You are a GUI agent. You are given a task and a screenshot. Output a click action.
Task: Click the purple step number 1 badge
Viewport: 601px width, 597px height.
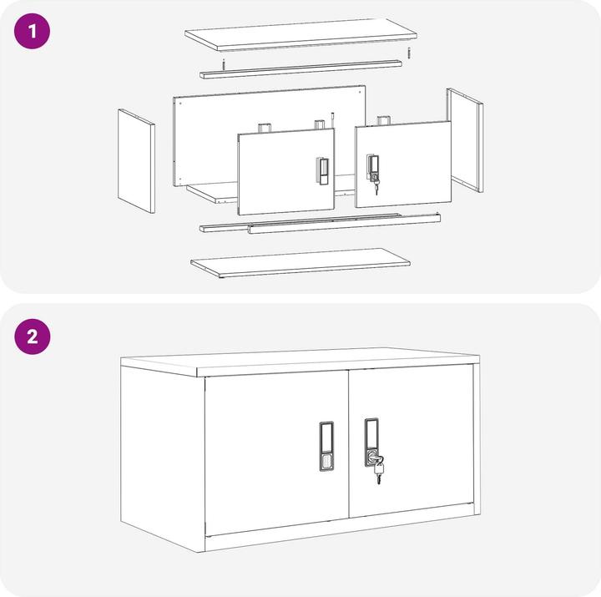click(32, 34)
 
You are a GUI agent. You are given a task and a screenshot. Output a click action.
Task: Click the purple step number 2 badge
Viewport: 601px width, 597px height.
click(32, 337)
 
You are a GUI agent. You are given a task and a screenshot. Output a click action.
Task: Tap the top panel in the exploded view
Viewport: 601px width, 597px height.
click(300, 34)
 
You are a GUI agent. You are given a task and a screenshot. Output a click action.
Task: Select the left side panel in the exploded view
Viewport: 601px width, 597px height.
click(136, 162)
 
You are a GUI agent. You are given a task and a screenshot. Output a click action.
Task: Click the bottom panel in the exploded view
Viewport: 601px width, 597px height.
click(300, 262)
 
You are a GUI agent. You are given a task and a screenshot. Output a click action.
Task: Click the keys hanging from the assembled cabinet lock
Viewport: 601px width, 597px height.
click(379, 472)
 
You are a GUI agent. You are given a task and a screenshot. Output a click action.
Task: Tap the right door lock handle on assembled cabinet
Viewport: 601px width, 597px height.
click(371, 438)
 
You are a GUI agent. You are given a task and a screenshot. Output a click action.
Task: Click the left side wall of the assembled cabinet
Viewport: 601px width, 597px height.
click(162, 451)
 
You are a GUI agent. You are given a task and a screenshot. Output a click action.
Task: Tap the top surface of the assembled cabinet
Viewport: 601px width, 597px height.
click(300, 361)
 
